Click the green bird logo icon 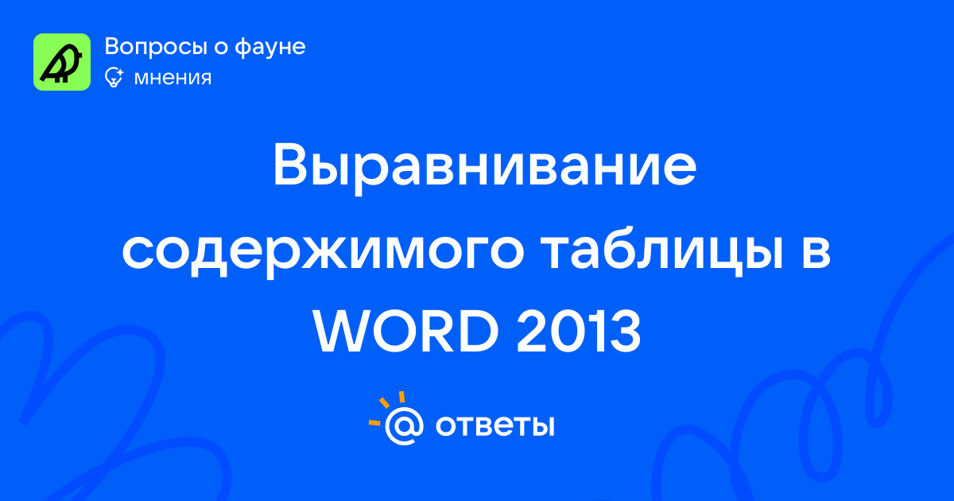point(62,62)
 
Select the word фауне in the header point(270,46)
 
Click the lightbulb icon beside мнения point(114,77)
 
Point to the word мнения point(173,78)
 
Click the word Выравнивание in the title point(485,169)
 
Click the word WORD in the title point(406,331)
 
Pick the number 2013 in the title point(579,331)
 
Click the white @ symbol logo point(404,425)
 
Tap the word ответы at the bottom point(494,426)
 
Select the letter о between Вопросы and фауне point(221,48)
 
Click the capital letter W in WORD point(344,331)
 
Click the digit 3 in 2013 point(626,331)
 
